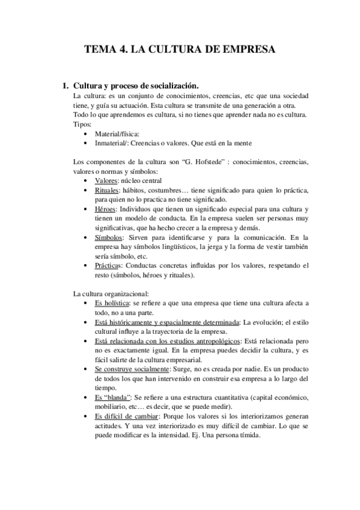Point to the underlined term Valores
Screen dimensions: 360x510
pyautogui.click(x=106, y=180)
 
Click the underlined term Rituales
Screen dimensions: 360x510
pyautogui.click(x=108, y=190)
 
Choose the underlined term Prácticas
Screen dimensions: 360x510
pyautogui.click(x=109, y=265)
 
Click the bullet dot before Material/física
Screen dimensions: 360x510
pyautogui.click(x=89, y=134)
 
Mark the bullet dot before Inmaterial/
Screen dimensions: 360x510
pyautogui.click(x=89, y=143)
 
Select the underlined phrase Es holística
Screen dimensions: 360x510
pyautogui.click(x=112, y=303)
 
